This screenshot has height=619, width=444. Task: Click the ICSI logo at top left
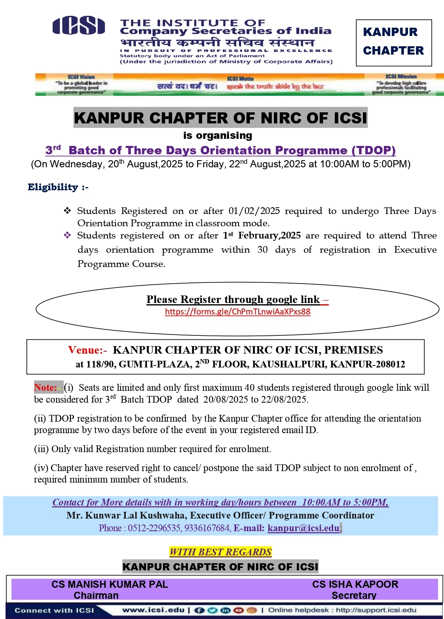click(79, 26)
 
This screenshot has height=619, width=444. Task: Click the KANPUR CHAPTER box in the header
click(393, 42)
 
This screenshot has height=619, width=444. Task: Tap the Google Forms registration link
click(237, 312)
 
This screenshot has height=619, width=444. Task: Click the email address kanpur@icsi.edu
click(303, 528)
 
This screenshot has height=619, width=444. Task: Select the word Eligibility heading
click(53, 187)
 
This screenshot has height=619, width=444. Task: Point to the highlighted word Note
click(46, 388)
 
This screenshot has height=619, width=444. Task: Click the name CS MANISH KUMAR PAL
click(110, 584)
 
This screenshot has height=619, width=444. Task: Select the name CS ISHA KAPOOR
click(355, 584)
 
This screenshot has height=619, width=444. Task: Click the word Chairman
click(96, 595)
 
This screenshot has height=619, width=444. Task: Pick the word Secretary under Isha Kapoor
click(354, 595)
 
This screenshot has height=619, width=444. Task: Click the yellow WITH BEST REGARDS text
click(220, 552)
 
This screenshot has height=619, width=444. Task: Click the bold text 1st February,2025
click(262, 236)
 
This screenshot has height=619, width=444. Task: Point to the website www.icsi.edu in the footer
click(154, 610)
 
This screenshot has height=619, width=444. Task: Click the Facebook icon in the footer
click(199, 610)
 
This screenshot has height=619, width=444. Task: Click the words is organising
click(218, 136)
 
